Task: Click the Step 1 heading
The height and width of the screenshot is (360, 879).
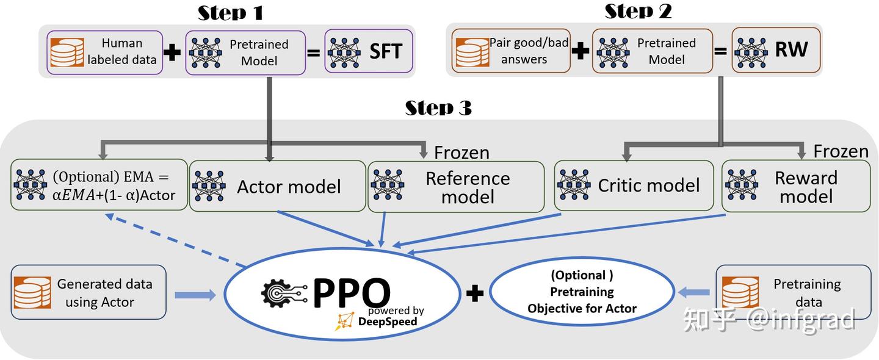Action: point(230,12)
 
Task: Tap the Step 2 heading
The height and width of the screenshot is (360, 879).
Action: point(638,11)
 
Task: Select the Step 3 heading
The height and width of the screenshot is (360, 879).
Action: point(438,108)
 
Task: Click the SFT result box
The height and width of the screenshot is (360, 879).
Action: point(369,51)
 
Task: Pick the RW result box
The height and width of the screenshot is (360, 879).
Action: point(776,50)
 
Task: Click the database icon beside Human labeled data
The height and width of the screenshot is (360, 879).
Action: point(67,52)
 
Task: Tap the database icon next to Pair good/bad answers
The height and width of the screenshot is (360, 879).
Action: point(472,51)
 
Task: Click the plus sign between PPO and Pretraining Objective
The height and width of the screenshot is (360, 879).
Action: point(475,293)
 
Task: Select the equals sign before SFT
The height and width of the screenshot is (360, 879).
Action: point(314,52)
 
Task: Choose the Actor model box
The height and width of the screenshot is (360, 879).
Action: point(278,186)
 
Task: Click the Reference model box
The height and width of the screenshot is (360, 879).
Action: point(455,187)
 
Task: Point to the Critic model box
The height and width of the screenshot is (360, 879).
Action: point(633,185)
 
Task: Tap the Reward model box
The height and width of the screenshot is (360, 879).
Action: point(796,186)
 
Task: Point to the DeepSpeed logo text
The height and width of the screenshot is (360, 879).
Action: point(387,322)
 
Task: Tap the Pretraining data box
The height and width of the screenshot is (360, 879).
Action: point(793,292)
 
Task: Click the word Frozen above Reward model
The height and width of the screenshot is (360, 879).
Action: point(841,151)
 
